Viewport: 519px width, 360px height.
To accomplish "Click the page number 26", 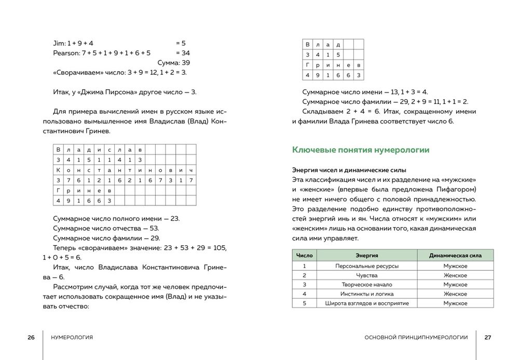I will tap(31, 337).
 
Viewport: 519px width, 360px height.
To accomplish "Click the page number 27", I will tap(487, 337).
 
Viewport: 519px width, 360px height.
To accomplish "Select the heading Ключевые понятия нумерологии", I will tap(361, 150).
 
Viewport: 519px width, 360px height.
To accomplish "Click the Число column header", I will tap(304, 256).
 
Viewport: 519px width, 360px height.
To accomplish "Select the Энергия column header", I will tap(366, 256).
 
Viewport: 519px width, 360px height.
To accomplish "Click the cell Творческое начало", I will tap(366, 285).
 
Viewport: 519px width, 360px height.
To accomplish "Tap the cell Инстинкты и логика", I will tap(366, 294).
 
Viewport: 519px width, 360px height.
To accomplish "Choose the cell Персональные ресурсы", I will tap(366, 266).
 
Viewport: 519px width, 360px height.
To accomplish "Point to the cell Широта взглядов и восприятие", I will tap(366, 303).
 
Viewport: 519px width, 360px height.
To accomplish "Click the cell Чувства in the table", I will tap(366, 275).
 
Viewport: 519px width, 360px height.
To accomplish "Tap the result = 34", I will tap(183, 53).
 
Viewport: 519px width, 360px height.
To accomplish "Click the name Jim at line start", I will tap(59, 43).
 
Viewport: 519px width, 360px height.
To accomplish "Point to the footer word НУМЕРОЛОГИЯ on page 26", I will tap(72, 337).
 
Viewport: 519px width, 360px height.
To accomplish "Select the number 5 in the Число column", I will tap(304, 303).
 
